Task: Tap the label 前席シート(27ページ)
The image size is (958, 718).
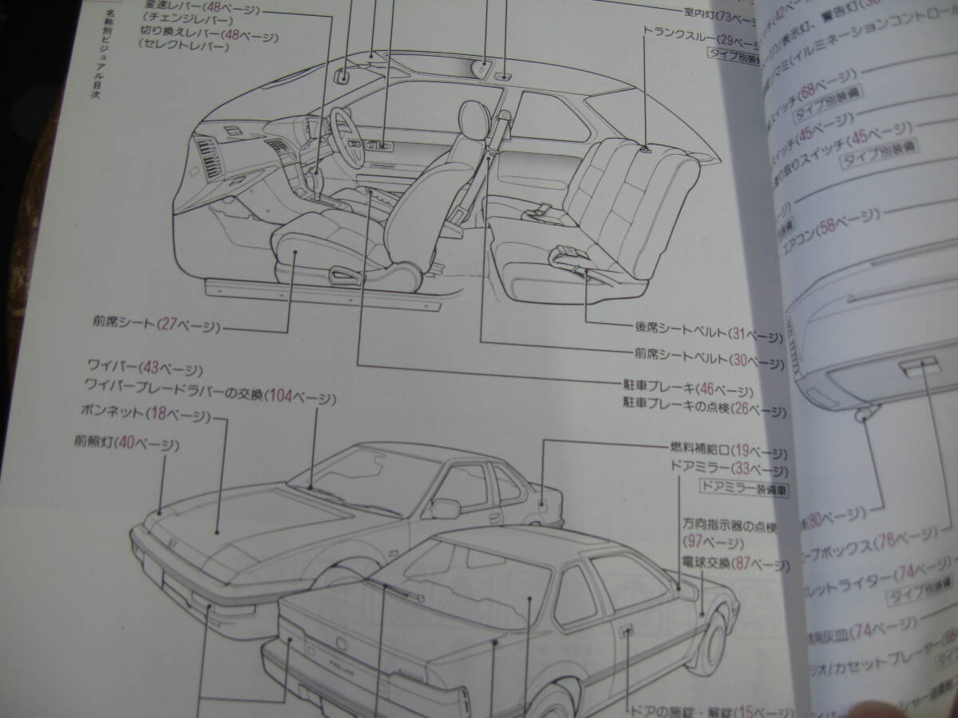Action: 156,325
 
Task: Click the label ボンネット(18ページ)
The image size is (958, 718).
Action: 144,415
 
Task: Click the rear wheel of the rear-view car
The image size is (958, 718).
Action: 713,638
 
